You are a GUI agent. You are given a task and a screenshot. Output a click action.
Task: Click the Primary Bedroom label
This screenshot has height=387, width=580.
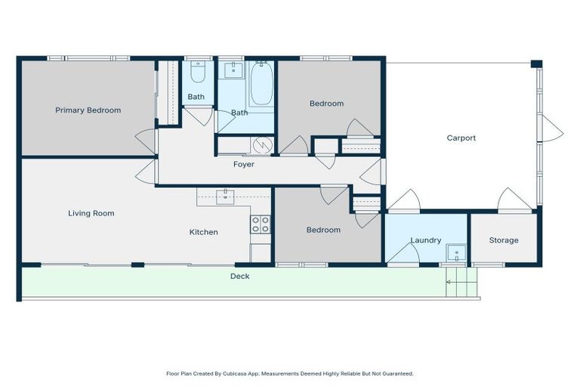88,110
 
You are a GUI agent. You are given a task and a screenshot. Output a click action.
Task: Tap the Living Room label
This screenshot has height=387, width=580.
91,214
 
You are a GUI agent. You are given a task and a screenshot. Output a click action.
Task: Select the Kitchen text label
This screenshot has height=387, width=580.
203,232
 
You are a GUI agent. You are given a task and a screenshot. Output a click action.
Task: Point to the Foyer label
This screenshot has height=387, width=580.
243,165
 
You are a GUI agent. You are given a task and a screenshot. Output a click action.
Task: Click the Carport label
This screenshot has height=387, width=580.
461,138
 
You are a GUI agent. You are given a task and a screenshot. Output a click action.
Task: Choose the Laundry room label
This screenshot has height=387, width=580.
425,240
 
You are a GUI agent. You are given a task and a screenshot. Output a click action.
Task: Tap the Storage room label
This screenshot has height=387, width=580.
503,240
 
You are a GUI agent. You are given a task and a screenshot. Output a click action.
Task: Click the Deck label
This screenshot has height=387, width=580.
239,277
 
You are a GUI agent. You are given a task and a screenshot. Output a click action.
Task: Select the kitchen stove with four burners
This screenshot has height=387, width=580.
261,224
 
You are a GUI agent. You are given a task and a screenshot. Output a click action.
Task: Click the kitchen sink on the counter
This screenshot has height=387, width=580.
225,197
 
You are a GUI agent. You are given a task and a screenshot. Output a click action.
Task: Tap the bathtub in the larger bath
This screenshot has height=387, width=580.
261,85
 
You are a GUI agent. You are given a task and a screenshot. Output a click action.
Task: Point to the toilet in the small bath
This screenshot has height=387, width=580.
197,73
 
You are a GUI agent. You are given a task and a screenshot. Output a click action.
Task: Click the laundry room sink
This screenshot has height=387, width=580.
454,252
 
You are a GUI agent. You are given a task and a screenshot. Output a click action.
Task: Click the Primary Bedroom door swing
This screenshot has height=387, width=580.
145,140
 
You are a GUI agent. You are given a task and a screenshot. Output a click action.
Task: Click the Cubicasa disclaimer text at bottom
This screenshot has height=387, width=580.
289,373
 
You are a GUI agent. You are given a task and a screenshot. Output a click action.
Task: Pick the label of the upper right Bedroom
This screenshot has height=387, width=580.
326,104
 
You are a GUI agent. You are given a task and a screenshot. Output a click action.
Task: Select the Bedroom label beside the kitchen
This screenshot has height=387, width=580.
322,230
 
